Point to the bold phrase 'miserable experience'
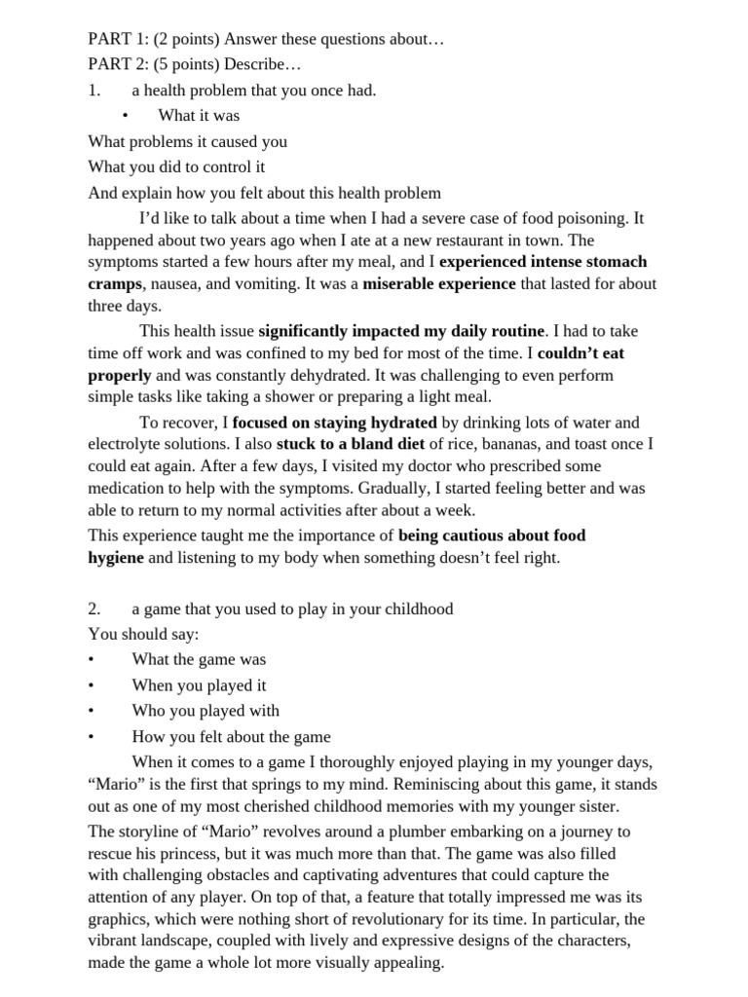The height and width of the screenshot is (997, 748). point(439,284)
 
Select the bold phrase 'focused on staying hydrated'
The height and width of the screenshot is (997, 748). point(335,423)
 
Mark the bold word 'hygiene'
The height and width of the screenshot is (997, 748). point(116,558)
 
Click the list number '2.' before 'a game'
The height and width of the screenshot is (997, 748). point(94,609)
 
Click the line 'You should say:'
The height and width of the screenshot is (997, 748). point(143,634)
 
